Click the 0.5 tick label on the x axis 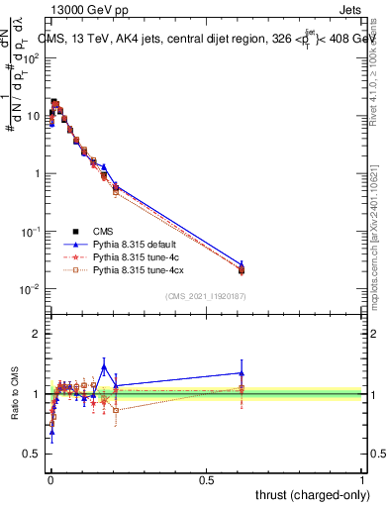point(206,479)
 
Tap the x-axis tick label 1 point(362,479)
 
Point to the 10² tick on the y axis point(34,58)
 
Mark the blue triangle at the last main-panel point point(241,264)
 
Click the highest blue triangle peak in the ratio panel point(103,366)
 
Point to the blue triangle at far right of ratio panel point(241,373)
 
